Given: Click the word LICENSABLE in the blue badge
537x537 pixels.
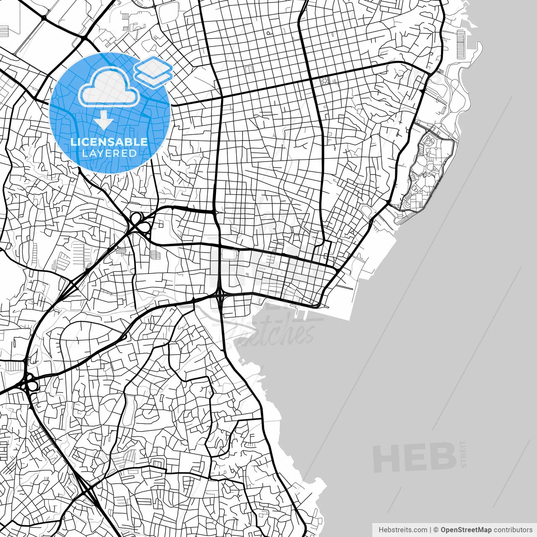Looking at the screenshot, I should pos(109,142).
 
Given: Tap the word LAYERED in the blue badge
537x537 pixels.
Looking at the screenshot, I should pos(109,153).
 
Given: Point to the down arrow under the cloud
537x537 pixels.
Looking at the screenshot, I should pos(103,121).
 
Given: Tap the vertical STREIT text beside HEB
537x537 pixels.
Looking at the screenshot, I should pos(463,454).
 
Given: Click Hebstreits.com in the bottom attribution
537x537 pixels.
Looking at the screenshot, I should pos(403,530).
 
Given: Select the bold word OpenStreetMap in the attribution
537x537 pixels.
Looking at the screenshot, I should pos(466,530).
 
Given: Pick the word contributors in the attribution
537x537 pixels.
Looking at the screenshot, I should pos(513,530).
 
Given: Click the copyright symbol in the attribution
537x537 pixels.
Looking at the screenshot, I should pos(436,530).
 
